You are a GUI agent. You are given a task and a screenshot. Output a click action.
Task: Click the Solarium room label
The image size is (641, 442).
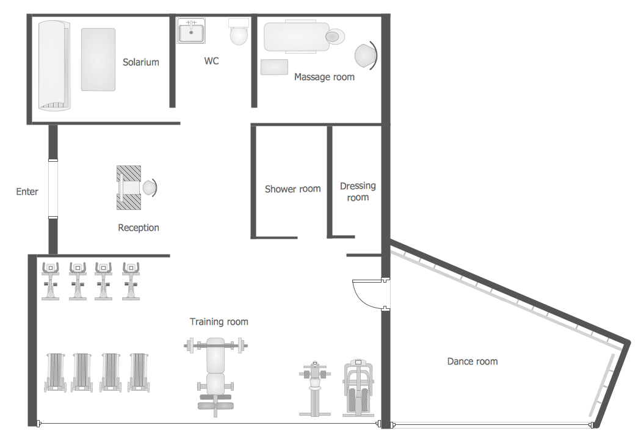pyautogui.click(x=140, y=62)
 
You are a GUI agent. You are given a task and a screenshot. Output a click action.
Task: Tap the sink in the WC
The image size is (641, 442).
pyautogui.click(x=191, y=31)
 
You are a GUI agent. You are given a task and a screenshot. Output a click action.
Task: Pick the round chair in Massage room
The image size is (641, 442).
pyautogui.click(x=365, y=55)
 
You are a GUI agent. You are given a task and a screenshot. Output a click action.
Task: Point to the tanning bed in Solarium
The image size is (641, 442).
pyautogui.click(x=54, y=65)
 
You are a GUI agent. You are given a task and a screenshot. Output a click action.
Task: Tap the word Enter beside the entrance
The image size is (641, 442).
pyautogui.click(x=27, y=192)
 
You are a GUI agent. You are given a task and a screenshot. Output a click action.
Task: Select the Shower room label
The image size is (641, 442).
pyautogui.click(x=292, y=189)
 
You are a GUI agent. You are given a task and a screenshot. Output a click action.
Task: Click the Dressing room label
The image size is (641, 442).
pyautogui.click(x=358, y=192)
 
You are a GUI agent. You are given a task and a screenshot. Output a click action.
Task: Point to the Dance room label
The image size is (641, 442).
pyautogui.click(x=472, y=361)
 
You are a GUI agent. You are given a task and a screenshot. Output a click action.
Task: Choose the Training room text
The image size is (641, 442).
pyautogui.click(x=219, y=322)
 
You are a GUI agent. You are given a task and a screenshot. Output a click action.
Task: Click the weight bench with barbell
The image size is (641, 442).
pyautogui.click(x=215, y=372)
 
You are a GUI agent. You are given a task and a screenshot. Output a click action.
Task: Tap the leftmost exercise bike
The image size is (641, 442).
pyautogui.click(x=51, y=281)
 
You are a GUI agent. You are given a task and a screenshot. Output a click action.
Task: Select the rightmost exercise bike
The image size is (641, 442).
pyautogui.click(x=131, y=281)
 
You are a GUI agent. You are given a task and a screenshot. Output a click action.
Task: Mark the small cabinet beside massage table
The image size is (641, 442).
pyautogui.click(x=274, y=67)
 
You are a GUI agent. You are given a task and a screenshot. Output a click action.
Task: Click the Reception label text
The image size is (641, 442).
pyautogui.click(x=139, y=228)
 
